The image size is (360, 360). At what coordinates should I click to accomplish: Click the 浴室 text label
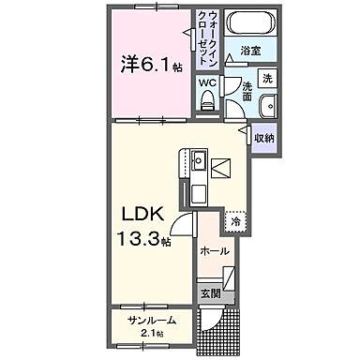click(248, 51)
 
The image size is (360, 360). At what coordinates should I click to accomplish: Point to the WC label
click(206, 82)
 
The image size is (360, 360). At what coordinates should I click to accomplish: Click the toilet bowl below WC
click(206, 101)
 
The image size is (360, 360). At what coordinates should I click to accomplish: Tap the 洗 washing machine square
click(267, 78)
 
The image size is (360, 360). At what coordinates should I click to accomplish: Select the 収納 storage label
click(263, 138)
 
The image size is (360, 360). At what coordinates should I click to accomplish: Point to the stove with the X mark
click(221, 169)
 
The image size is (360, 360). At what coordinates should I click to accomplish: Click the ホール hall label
click(215, 251)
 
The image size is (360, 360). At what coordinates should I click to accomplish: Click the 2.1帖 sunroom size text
click(151, 334)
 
